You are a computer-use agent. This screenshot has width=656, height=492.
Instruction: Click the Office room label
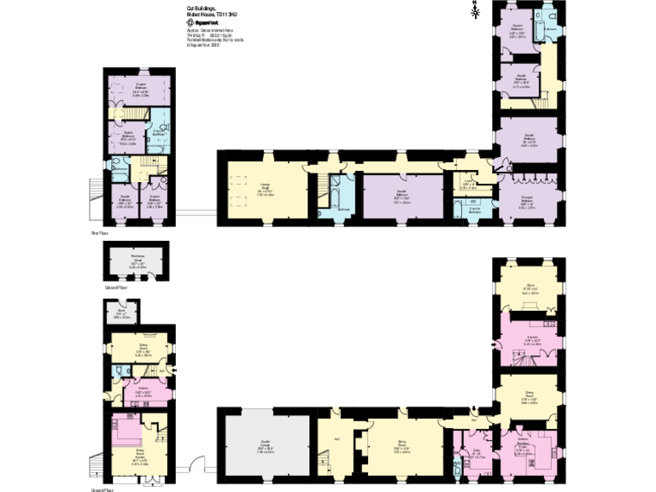click(x=529, y=289)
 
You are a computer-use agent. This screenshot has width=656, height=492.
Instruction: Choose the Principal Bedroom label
click(x=528, y=202)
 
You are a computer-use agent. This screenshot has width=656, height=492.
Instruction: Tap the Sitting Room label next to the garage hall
click(x=401, y=447)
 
